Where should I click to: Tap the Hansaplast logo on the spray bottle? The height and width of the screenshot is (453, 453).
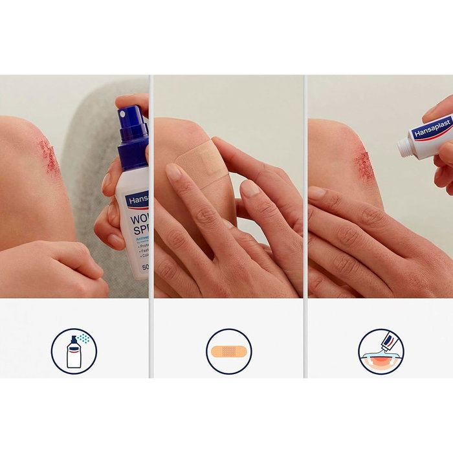click(137, 201)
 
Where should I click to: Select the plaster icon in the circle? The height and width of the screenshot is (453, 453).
click(228, 351)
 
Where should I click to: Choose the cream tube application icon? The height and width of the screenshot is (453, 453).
click(381, 351)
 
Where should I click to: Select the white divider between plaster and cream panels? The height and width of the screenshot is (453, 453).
click(305, 226)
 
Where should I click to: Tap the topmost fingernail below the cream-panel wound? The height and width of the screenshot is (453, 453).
click(316, 192)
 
